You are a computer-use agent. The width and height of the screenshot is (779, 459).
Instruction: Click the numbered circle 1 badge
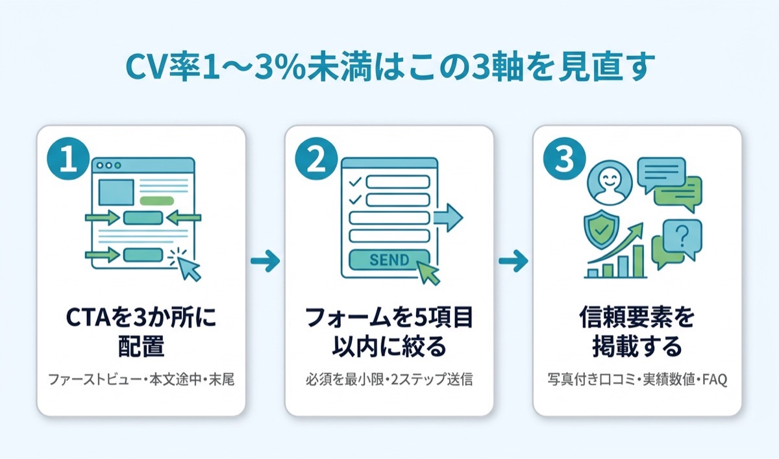pos(68,159)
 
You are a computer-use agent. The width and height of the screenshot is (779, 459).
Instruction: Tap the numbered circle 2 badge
pos(316,159)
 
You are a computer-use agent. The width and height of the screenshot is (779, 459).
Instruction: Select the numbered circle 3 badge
pos(564,159)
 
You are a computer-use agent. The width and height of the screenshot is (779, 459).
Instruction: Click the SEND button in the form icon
pos(389,260)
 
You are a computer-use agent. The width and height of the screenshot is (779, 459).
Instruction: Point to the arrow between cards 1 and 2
pos(266,260)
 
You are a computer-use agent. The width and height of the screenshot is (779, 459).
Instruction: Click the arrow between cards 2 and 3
pos(513,260)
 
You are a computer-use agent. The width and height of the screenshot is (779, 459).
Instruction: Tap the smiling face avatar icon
pos(610,182)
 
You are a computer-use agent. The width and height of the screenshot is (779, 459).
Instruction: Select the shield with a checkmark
pos(602,229)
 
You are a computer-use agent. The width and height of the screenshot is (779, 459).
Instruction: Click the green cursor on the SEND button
pos(429,273)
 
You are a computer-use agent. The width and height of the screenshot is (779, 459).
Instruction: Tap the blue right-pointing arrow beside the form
pos(449,217)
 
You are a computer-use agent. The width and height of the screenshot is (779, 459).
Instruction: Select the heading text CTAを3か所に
pos(141,317)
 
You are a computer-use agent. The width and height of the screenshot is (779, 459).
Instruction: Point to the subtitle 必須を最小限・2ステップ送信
pos(389,379)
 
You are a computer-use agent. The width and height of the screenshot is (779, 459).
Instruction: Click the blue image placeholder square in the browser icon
pos(116,192)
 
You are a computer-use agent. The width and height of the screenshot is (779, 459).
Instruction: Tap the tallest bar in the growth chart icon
pos(638,261)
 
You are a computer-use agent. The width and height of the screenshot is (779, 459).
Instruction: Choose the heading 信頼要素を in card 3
pos(637,317)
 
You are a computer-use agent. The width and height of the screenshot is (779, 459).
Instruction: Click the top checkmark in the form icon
pos(355,182)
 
